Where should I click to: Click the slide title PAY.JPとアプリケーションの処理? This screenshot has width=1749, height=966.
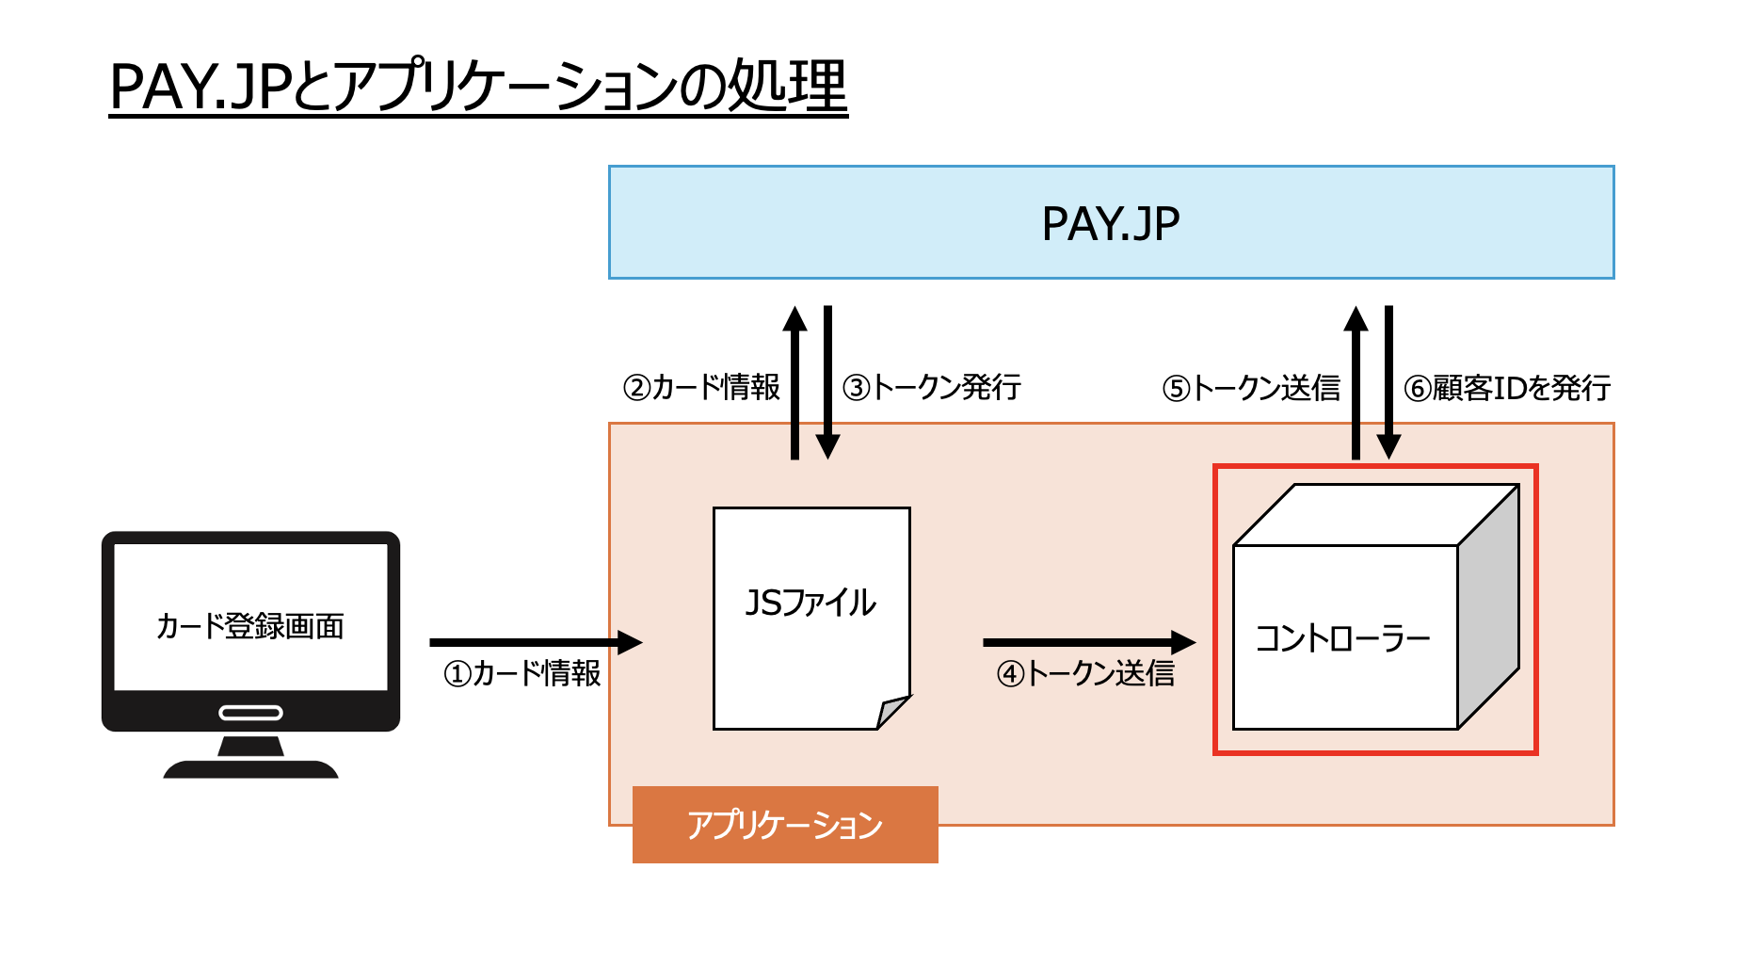point(478,87)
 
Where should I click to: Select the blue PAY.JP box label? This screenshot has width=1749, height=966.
point(1111,224)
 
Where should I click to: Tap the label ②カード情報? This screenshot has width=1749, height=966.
point(701,387)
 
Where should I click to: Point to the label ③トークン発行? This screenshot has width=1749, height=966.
point(932,387)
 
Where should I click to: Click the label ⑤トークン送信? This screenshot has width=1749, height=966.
point(1251,388)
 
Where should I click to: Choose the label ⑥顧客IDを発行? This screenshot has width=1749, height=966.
point(1507,388)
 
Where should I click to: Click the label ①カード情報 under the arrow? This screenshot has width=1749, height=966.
point(521,673)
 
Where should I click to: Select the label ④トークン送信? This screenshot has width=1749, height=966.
point(1085,673)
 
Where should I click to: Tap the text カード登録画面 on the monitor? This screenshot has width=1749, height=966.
point(250,626)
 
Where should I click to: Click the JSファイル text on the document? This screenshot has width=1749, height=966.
point(810,604)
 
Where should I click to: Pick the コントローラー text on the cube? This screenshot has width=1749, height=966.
point(1342,639)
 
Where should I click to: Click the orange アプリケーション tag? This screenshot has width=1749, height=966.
point(785,825)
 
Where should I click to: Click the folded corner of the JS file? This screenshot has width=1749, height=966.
point(892,711)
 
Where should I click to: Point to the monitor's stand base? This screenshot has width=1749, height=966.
point(250,768)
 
